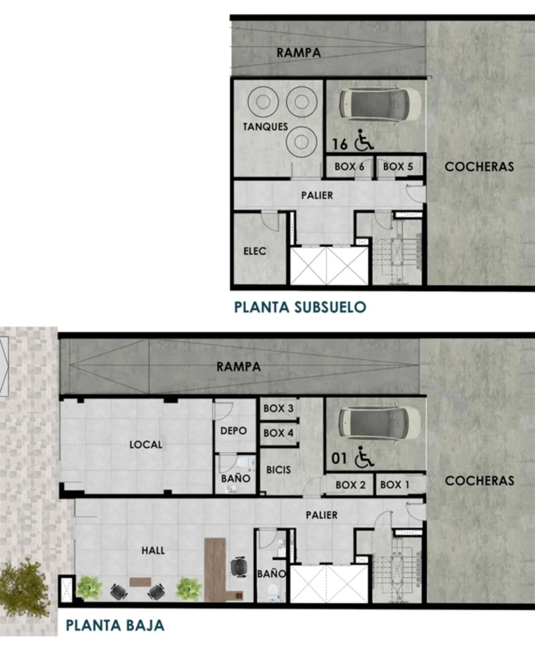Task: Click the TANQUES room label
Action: click(265, 127)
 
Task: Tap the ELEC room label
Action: click(255, 251)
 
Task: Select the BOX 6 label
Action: click(349, 167)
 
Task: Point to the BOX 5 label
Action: click(398, 167)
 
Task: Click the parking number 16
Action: click(340, 144)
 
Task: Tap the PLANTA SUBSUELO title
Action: click(300, 307)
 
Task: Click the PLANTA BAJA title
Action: click(115, 625)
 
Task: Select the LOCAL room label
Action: click(146, 445)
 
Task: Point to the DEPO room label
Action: click(234, 431)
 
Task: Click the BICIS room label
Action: click(278, 470)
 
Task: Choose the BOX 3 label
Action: click(278, 408)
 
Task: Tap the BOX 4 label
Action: click(278, 433)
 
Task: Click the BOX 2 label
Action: click(350, 485)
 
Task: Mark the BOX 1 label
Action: click(395, 485)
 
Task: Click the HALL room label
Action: click(153, 551)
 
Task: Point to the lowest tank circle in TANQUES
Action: click(301, 142)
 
